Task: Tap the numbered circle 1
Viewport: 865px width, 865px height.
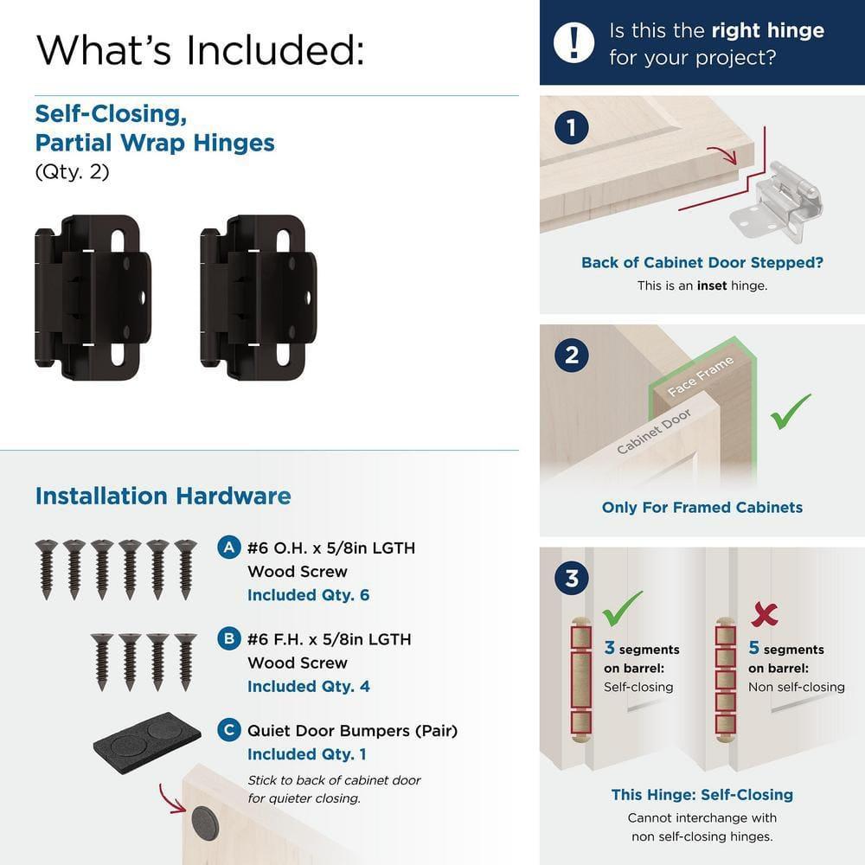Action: [x=572, y=129]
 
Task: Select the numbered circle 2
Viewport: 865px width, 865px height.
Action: [x=572, y=355]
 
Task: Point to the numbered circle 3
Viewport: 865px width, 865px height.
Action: [x=572, y=577]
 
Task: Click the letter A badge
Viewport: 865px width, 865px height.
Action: [x=228, y=548]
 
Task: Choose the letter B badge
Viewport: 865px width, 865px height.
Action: [x=228, y=639]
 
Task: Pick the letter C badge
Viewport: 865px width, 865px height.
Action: [x=228, y=730]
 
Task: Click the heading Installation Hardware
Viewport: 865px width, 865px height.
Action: [x=163, y=496]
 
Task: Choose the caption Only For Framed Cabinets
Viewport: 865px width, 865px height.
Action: [x=702, y=508]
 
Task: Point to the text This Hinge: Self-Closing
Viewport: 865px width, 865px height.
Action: [x=702, y=794]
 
